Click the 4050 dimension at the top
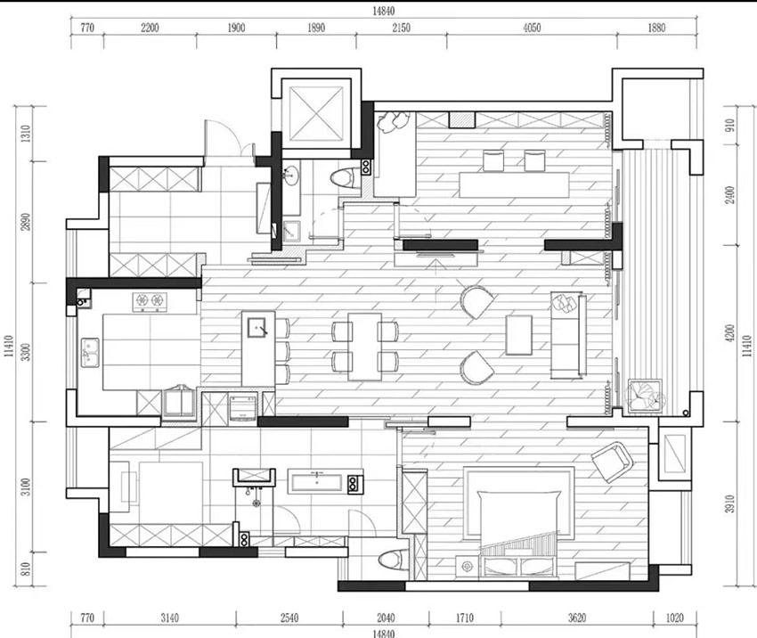point(532,28)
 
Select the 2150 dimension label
point(401,28)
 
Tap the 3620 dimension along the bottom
point(577,618)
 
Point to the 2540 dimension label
point(289,618)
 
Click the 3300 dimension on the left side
point(26,352)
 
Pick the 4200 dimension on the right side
point(730,333)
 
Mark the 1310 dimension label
point(26,134)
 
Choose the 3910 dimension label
point(730,503)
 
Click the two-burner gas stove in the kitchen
point(150,301)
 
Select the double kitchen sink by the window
point(90,353)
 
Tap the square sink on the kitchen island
point(256,327)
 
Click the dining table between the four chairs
point(365,347)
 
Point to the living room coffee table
point(519,335)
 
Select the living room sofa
point(568,336)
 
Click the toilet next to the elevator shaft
point(345,177)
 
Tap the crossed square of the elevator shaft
point(315,114)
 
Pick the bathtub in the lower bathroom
point(317,481)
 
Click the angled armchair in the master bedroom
point(612,462)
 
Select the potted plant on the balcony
point(645,397)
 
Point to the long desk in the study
point(514,185)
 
